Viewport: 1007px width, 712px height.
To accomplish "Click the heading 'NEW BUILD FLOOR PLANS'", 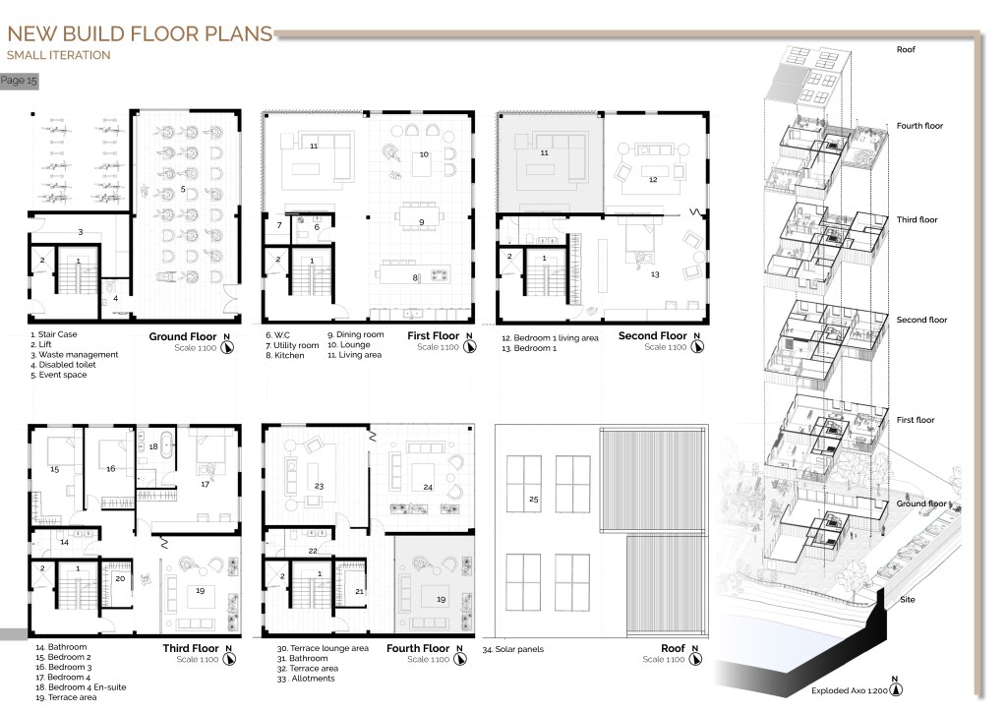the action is coord(140,33).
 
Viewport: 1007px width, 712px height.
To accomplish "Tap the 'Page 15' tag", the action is coord(19,81).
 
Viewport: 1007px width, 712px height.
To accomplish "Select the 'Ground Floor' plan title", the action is coord(183,336).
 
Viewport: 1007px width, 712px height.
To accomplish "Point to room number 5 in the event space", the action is coord(183,189).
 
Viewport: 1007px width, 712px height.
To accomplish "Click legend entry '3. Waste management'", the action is coord(75,354).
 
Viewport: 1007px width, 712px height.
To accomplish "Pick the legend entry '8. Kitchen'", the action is coord(285,355).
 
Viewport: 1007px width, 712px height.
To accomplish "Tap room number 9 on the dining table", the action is coord(422,222).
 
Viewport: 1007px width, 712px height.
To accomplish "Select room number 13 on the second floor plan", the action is coord(655,274).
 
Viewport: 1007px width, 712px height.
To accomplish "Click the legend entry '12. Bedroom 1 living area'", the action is coord(550,337).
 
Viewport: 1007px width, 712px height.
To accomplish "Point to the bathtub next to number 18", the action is coord(167,445).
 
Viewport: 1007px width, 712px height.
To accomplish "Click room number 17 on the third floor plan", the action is coord(205,484).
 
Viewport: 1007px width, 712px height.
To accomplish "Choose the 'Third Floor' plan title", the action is coord(191,648).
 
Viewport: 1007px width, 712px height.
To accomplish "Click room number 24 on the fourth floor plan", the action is coord(428,488).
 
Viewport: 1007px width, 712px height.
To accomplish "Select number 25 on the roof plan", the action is coord(534,499).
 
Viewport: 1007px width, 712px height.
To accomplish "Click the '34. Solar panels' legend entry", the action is coord(513,649).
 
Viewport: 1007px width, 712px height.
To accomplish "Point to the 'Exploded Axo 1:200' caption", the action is coord(849,690).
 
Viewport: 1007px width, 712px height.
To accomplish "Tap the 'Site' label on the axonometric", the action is coord(908,600).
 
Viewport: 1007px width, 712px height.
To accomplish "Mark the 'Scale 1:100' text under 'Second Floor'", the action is coord(666,347).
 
